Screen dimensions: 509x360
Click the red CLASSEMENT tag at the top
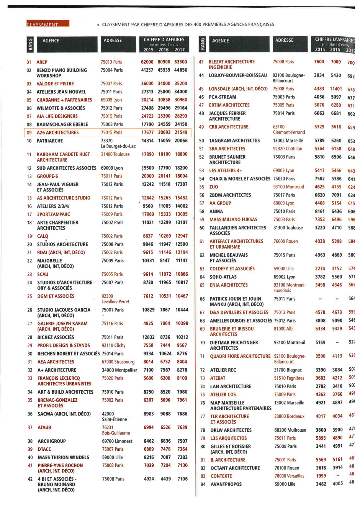coord(47,24)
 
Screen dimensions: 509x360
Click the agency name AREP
coord(42,62)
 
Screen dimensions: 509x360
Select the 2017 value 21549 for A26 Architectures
coord(181,133)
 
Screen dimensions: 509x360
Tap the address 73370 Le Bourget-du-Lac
coord(118,143)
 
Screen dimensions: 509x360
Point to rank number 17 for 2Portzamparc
coord(29,214)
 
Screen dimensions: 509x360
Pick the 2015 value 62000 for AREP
coord(147,62)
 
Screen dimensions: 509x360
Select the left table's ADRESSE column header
coord(113,41)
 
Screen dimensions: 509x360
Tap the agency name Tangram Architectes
coord(234,141)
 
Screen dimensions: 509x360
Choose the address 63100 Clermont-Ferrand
coord(289,129)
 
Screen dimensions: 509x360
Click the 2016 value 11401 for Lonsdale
coord(336,89)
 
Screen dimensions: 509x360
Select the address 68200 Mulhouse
coord(290,430)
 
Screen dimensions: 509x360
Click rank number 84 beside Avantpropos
coord(203,484)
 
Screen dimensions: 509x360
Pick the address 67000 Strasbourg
coord(118,362)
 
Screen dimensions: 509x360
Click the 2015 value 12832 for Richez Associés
coord(148,337)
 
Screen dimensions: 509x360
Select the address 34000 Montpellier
coord(119,370)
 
